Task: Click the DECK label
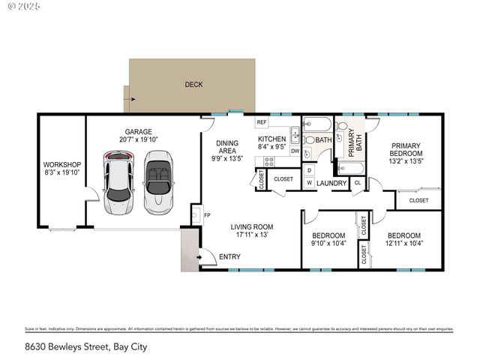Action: click(193, 85)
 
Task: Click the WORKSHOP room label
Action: click(61, 164)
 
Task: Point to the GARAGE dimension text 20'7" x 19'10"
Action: click(139, 139)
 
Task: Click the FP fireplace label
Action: click(207, 215)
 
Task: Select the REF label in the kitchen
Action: click(262, 122)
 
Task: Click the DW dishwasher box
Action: click(295, 151)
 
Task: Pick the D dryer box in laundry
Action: click(309, 170)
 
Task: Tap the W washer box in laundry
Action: click(309, 183)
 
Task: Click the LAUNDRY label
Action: click(331, 183)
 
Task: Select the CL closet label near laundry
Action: click(357, 183)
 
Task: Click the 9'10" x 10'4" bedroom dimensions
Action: click(328, 243)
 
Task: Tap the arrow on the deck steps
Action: click(133, 98)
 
